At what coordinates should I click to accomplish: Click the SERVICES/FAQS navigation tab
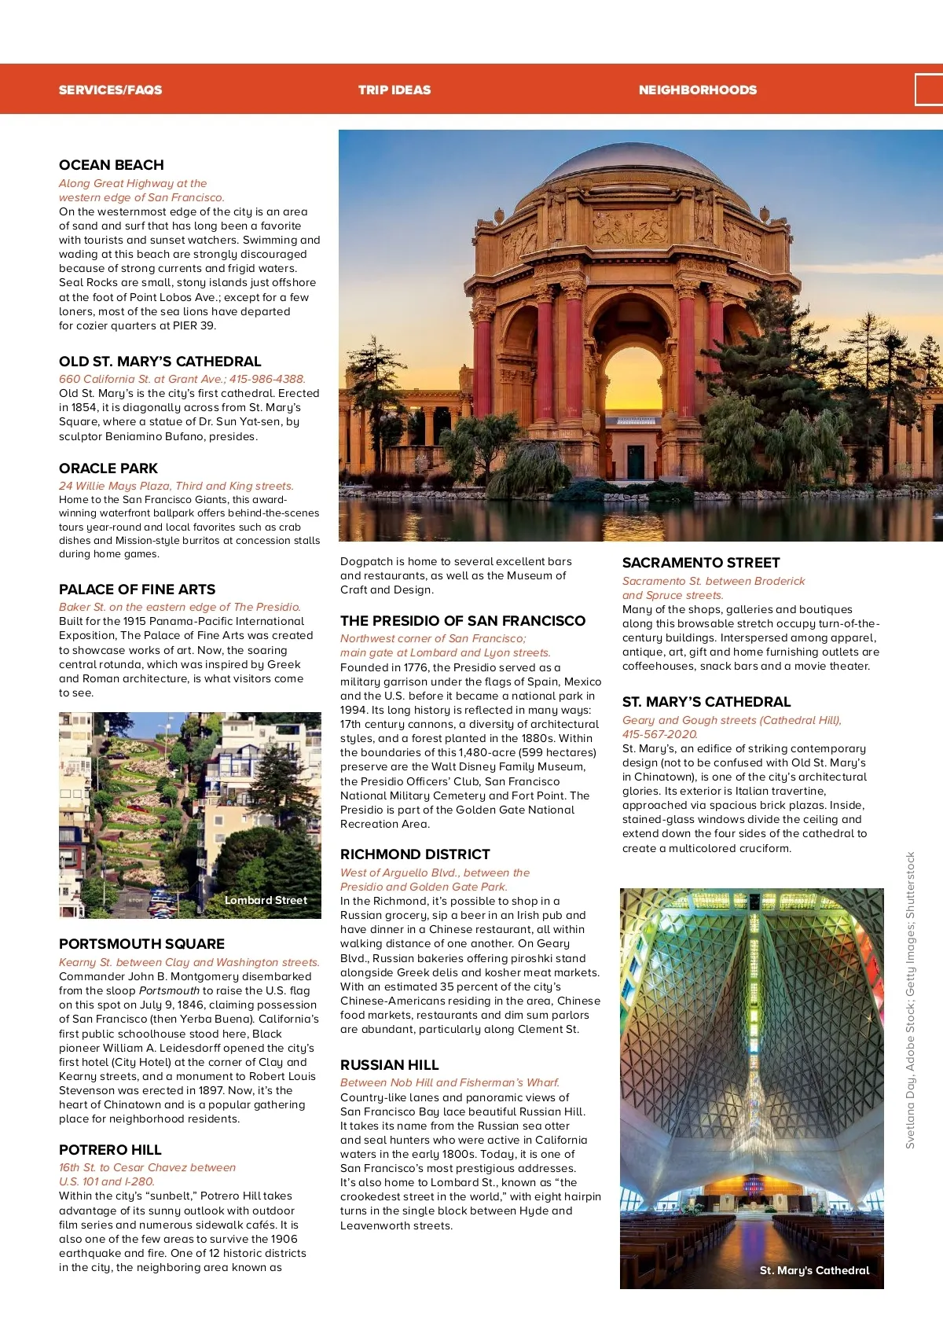pyautogui.click(x=110, y=90)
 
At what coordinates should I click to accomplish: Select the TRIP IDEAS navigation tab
pyautogui.click(x=394, y=90)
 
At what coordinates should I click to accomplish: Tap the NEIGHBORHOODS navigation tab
pyautogui.click(x=697, y=90)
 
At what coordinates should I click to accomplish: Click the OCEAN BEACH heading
pyautogui.click(x=112, y=165)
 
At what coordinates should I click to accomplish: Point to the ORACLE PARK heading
pyautogui.click(x=108, y=468)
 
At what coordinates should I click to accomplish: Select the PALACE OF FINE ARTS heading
pyautogui.click(x=137, y=590)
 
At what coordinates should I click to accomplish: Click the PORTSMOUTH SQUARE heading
pyautogui.click(x=141, y=944)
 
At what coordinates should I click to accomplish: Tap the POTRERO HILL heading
pyautogui.click(x=110, y=1150)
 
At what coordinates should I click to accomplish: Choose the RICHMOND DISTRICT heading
pyautogui.click(x=415, y=854)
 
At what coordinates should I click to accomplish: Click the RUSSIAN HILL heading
pyautogui.click(x=389, y=1065)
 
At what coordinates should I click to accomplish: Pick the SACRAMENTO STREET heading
pyautogui.click(x=701, y=563)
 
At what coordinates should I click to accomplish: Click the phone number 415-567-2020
pyautogui.click(x=659, y=734)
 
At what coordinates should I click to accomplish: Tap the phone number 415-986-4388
pyautogui.click(x=267, y=379)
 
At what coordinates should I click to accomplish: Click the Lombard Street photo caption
pyautogui.click(x=266, y=900)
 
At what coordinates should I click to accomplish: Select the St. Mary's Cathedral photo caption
pyautogui.click(x=814, y=1270)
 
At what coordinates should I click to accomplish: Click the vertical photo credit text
pyautogui.click(x=910, y=1000)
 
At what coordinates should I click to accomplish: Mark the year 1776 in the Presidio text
pyautogui.click(x=416, y=667)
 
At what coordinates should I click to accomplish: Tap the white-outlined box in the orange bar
pyautogui.click(x=929, y=90)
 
